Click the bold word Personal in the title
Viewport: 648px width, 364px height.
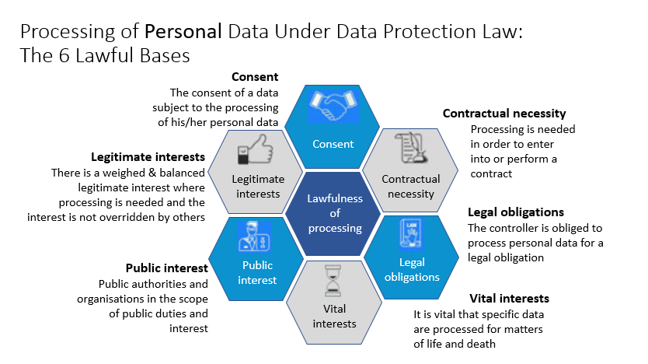tap(183, 32)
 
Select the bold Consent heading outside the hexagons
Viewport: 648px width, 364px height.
tap(255, 77)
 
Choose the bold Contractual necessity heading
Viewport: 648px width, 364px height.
tap(504, 114)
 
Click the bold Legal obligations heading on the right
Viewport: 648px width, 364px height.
tap(516, 212)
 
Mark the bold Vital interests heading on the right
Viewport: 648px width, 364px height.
tap(509, 299)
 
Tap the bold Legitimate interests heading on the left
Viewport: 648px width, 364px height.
tap(148, 156)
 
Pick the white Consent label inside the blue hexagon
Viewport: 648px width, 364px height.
tap(333, 144)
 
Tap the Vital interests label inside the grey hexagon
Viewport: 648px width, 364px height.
tap(333, 317)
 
